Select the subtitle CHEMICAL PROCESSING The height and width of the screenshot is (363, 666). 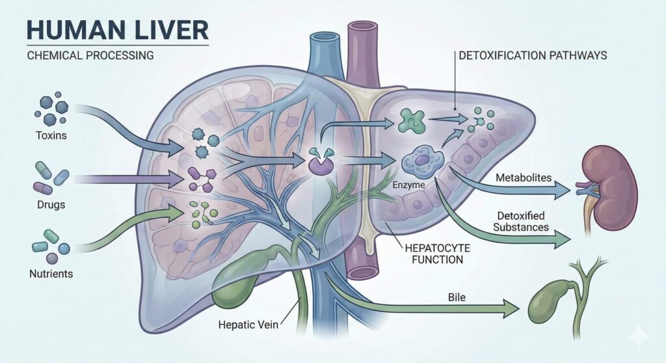[x=90, y=55]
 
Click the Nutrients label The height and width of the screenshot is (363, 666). [x=51, y=274]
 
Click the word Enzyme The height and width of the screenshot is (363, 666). [x=409, y=186]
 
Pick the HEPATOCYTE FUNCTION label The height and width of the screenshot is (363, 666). [x=432, y=254]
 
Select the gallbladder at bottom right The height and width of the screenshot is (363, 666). [x=548, y=302]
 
